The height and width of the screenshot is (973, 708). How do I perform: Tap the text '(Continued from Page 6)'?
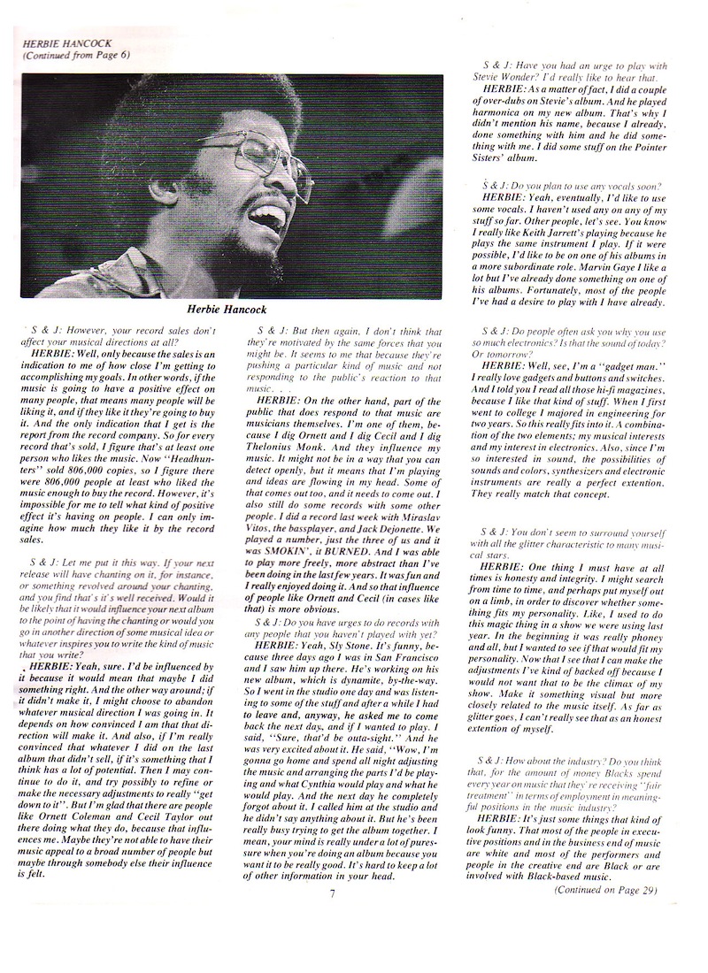click(x=77, y=55)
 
